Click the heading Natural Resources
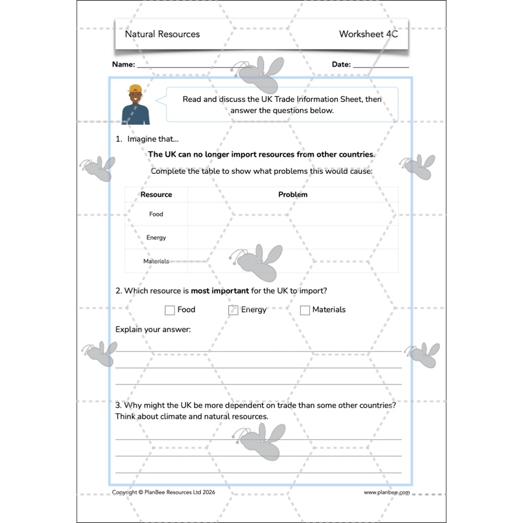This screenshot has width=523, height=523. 162,34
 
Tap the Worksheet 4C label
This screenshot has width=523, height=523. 368,34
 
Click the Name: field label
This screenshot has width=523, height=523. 124,65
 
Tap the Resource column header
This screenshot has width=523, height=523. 156,194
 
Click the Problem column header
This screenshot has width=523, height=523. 292,194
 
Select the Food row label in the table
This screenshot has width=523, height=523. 156,214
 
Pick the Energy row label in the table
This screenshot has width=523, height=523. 156,238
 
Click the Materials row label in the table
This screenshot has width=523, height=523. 156,261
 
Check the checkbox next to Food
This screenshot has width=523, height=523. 170,311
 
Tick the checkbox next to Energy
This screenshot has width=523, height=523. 233,311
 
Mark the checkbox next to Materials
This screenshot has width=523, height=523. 305,311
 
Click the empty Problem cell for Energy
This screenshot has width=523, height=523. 292,238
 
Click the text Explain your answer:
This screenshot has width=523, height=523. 153,329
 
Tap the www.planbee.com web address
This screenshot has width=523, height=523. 387,492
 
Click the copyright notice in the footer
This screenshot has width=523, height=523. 163,492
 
